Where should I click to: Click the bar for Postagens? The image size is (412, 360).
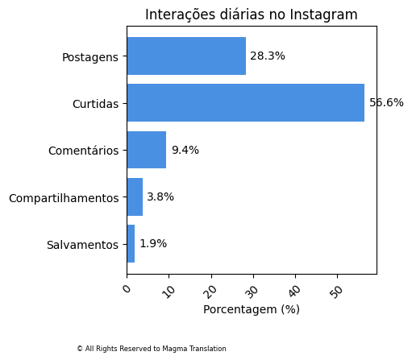pos(186,56)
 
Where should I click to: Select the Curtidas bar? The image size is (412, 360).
pos(245,103)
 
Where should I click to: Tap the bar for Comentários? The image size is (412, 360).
pos(147,150)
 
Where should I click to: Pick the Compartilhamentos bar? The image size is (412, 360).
pos(135,197)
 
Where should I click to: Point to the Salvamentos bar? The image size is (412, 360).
pos(131,244)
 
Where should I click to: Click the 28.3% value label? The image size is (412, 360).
pos(268,56)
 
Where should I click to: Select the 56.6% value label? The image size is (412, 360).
pos(386,103)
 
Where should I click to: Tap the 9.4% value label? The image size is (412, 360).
pos(185,150)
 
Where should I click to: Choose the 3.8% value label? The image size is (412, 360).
pos(160,197)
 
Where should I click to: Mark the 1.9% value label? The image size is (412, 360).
pos(153,244)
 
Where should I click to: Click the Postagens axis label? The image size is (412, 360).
pos(90,57)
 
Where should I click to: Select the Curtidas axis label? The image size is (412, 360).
pos(95,104)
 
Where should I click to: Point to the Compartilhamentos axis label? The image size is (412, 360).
pos(64,198)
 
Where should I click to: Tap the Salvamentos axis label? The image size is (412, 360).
pos(82,245)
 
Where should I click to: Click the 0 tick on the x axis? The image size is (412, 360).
pos(127,288)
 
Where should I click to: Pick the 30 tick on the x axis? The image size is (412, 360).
pos(252,291)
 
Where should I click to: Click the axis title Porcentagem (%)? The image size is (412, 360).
pos(252,309)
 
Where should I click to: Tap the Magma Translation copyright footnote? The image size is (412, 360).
pos(152,349)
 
